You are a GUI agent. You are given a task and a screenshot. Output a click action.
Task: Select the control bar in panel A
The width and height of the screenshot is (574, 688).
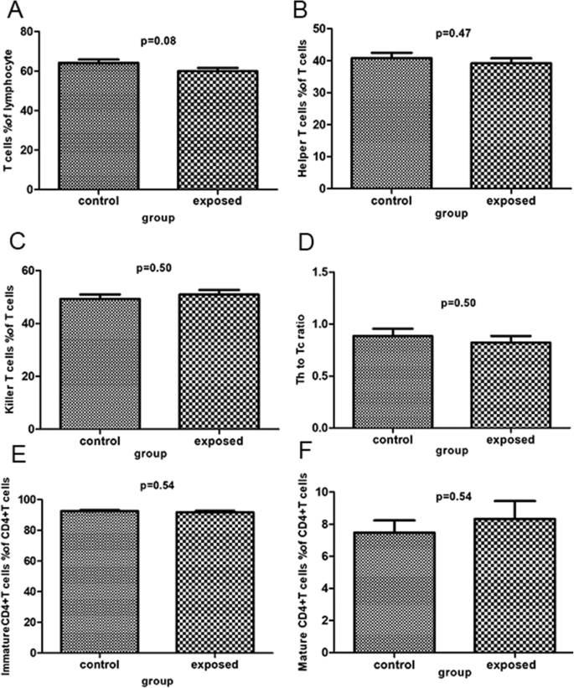(98, 125)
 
